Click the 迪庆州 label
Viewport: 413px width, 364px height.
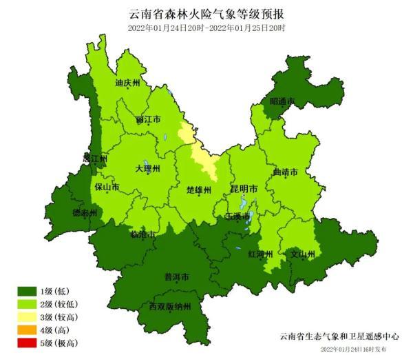click(x=127, y=83)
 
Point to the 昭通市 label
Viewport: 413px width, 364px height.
click(x=282, y=101)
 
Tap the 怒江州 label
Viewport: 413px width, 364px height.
click(x=95, y=158)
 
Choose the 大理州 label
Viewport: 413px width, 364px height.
click(x=147, y=168)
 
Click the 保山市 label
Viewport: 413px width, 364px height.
click(x=107, y=187)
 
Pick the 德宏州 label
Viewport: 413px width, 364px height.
click(x=85, y=213)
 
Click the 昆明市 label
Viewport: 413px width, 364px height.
click(x=244, y=188)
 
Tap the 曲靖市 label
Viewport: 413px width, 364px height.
click(x=286, y=172)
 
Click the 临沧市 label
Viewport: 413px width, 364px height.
click(x=142, y=235)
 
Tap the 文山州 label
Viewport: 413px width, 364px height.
click(x=302, y=254)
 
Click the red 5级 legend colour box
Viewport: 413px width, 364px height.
click(x=30, y=343)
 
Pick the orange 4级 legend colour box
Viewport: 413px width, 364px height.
click(x=30, y=330)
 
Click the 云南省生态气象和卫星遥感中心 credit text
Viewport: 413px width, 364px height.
click(x=339, y=336)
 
